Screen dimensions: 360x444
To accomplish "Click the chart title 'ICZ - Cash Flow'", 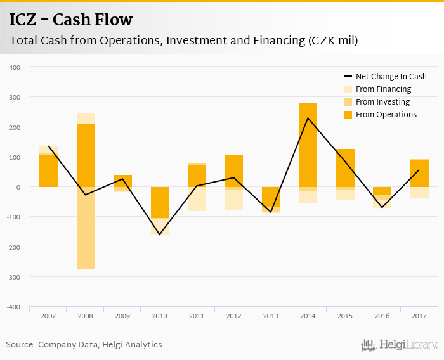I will [x=71, y=20].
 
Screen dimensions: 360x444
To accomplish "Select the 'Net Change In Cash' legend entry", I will [x=391, y=77].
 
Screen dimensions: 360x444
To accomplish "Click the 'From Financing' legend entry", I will [x=383, y=89].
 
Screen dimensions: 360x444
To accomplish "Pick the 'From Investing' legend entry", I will [x=382, y=102].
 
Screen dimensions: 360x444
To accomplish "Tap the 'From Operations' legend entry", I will [x=386, y=115].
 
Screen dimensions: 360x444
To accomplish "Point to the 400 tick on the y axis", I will [x=15, y=67].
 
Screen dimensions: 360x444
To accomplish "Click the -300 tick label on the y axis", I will [x=13, y=277].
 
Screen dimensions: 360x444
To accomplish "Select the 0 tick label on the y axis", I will [x=18, y=187].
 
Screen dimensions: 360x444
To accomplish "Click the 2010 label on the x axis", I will [x=160, y=315].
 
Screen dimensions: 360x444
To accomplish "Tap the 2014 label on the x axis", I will [x=308, y=315].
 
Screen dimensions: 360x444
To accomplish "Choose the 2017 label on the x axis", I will [x=419, y=315].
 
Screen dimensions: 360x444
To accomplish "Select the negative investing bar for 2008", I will [x=86, y=228].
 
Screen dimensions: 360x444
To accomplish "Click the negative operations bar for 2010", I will [x=160, y=202].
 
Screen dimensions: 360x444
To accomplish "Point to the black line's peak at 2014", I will [x=308, y=118].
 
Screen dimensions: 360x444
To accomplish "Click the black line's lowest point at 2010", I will [x=160, y=235].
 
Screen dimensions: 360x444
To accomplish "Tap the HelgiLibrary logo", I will [x=399, y=345].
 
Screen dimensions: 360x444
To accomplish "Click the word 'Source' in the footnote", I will [x=20, y=345].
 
